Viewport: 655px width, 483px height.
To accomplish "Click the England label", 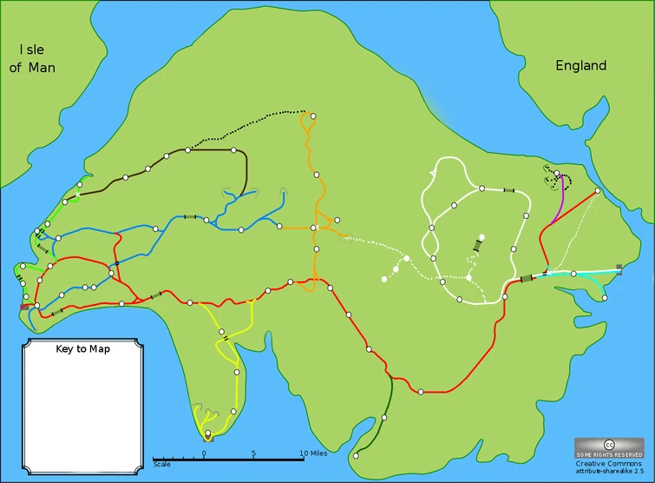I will (x=580, y=65).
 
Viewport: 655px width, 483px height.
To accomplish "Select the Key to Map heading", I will (x=83, y=348).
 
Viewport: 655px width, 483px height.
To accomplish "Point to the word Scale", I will (x=161, y=464).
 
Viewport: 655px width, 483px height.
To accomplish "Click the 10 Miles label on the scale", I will (x=313, y=453).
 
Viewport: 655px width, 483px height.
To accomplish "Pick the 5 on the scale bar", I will (x=254, y=453).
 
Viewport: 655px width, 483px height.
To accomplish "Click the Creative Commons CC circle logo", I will (x=608, y=444).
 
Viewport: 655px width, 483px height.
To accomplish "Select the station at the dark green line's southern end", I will (x=356, y=455).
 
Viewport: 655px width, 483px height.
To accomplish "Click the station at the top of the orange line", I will (x=312, y=115).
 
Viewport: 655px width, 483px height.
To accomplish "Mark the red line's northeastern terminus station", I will (x=597, y=191).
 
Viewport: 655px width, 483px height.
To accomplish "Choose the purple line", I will (x=563, y=202).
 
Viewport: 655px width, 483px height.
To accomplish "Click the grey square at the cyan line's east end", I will (x=619, y=268).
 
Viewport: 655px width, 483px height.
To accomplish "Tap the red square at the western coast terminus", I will (x=24, y=307).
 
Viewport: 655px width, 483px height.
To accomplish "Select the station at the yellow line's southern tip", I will (x=207, y=433).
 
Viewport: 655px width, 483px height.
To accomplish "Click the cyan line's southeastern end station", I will (x=604, y=298).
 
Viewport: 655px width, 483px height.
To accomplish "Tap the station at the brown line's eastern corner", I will (x=233, y=150).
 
